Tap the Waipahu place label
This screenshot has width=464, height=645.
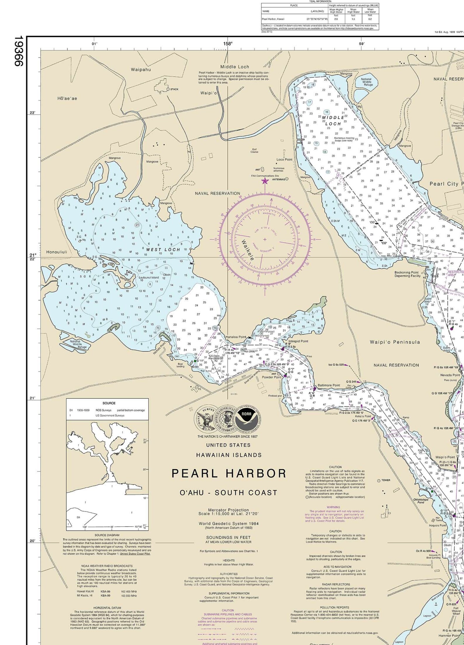[141, 70]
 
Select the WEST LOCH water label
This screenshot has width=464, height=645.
[163, 249]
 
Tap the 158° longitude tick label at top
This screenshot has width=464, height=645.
[228, 44]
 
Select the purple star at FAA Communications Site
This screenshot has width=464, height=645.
[265, 181]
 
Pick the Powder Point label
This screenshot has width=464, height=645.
[272, 377]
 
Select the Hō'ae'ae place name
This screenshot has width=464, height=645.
[67, 99]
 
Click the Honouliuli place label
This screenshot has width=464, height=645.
[57, 252]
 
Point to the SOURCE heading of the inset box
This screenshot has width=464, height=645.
[109, 403]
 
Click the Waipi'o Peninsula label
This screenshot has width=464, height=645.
[395, 342]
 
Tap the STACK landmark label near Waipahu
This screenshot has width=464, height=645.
[174, 89]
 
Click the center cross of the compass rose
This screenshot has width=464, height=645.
[265, 239]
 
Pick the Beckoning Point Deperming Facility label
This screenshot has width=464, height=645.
[407, 274]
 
